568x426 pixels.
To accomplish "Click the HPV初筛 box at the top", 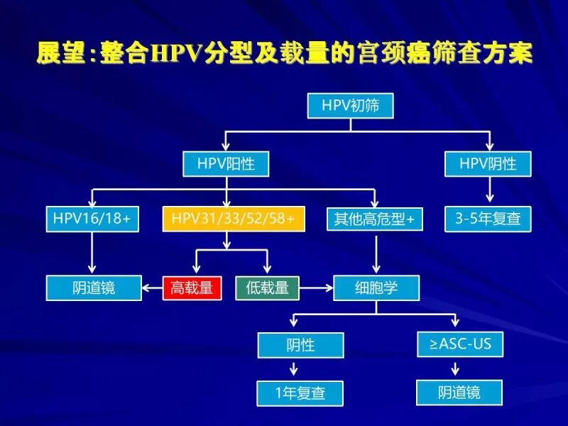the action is pos(350,106).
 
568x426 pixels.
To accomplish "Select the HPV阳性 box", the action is pos(226,165).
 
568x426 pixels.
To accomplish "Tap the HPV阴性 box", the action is pos(488,165).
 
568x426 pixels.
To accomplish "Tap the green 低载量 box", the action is pos(267,288).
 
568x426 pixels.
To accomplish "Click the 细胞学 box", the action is pos(376,288).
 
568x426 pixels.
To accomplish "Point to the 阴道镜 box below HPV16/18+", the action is pos(94,288).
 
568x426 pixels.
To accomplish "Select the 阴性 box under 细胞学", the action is pos(300,346).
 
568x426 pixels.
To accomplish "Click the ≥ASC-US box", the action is pos(460,344).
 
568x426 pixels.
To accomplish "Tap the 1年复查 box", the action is pos(300,393).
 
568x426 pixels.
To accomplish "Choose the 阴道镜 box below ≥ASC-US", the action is pos(459,392).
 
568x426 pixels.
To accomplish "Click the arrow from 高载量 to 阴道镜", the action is pos(152,288).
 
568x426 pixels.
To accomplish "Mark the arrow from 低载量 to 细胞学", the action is pos(316,288).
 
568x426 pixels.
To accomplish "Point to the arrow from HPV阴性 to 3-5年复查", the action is pos(488,190).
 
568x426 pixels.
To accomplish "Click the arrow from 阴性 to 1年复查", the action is pos(294,369).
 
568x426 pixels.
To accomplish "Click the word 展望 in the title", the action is pos(60,55).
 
